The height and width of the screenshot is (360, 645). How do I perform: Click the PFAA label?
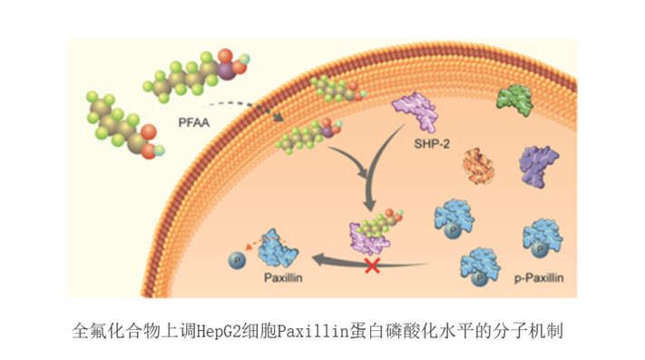point(194,122)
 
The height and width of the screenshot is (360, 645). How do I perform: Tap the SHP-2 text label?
point(432,144)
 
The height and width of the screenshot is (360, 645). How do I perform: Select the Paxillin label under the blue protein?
point(283,277)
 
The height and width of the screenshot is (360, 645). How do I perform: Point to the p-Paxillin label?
point(539,277)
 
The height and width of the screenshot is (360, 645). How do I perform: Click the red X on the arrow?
point(372,266)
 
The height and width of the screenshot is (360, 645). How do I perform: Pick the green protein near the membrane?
point(514,100)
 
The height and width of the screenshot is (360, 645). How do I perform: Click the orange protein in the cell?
point(478,165)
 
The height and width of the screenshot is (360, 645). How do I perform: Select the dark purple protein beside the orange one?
point(539,167)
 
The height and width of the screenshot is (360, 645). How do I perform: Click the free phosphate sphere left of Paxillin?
point(237,260)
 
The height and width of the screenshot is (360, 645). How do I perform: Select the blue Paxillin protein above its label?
point(278,249)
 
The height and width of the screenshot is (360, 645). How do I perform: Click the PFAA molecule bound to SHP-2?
point(378,224)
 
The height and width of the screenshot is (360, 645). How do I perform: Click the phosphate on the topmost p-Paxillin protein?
point(453,230)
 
